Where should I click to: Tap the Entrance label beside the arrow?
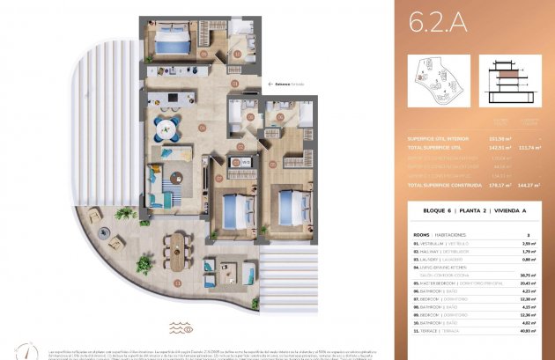(x=285, y=84)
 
